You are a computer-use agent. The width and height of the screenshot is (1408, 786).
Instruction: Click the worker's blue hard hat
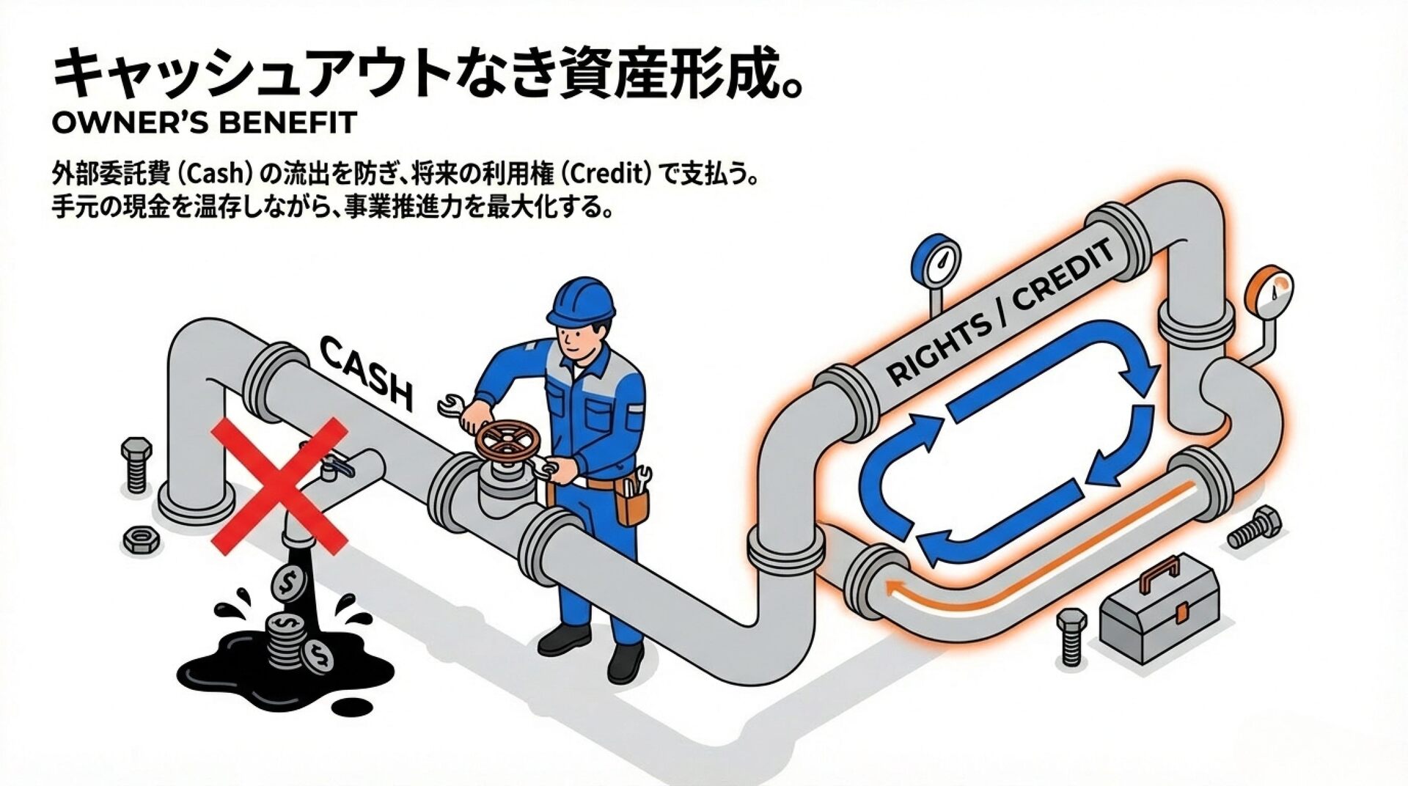tap(579, 302)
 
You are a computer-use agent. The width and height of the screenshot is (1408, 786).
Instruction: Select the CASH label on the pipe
tap(366, 371)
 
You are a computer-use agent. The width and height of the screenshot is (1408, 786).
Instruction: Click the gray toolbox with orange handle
tap(1159, 617)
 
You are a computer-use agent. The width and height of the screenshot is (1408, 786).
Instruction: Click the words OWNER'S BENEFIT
tap(205, 122)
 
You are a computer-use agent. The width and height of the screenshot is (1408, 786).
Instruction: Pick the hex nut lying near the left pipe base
tap(138, 539)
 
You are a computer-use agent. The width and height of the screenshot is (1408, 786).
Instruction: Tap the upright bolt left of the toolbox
tap(1071, 638)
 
